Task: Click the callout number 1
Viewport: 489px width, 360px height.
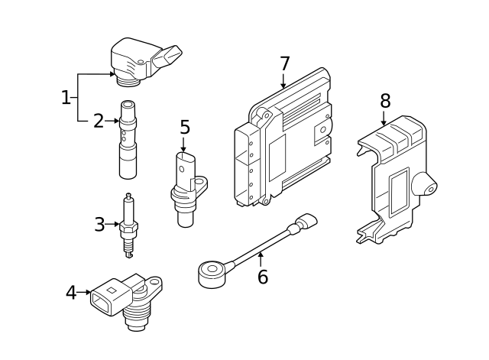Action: tap(66, 97)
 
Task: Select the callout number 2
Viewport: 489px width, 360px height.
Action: tap(99, 121)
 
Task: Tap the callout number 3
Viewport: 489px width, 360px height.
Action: tap(99, 225)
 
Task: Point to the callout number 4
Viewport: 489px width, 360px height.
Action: tap(71, 293)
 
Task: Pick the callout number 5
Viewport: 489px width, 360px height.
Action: tap(184, 127)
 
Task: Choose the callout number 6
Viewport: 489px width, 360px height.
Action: tap(262, 277)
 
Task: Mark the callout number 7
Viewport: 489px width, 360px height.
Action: tap(284, 64)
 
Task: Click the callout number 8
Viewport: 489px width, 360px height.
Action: tap(385, 101)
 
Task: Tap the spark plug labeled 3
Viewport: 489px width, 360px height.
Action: tap(129, 227)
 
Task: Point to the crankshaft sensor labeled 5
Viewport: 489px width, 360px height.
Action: tap(186, 187)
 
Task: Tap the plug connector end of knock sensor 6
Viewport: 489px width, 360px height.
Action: tap(307, 222)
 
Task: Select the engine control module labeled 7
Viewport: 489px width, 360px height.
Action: tap(283, 141)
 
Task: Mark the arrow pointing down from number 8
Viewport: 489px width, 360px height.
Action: tap(384, 119)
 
